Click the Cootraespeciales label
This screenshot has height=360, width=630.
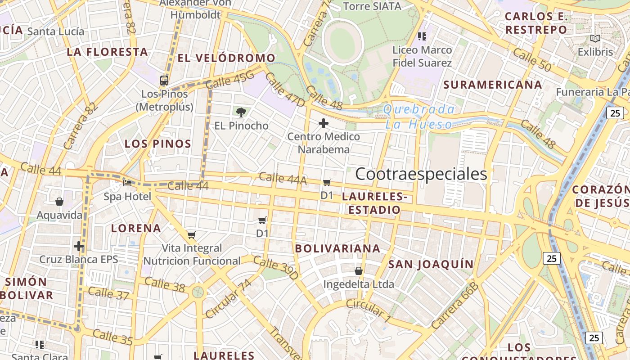point(421,174)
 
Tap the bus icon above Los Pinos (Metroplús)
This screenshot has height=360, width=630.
point(164,81)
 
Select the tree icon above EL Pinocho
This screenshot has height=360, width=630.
point(241,112)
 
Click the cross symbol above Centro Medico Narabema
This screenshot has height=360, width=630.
point(324,123)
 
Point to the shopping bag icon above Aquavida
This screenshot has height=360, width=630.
point(59,202)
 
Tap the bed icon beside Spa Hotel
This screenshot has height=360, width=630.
point(128,183)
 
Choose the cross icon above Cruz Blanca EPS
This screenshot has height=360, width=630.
point(79,246)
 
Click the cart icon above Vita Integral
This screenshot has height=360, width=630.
point(192,235)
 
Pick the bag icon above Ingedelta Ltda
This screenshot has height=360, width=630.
point(359,271)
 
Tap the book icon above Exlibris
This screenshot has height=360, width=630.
point(595,39)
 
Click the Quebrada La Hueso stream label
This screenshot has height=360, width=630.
point(418,117)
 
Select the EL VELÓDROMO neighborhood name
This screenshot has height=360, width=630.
point(226,58)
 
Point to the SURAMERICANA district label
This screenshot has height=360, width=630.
point(493,85)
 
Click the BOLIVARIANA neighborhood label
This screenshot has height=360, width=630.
point(337,248)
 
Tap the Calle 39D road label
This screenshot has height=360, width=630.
point(275,267)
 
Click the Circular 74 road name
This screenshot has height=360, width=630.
point(228,299)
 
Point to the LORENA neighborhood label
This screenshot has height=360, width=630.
point(136,228)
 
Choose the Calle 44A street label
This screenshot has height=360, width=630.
point(283,178)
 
